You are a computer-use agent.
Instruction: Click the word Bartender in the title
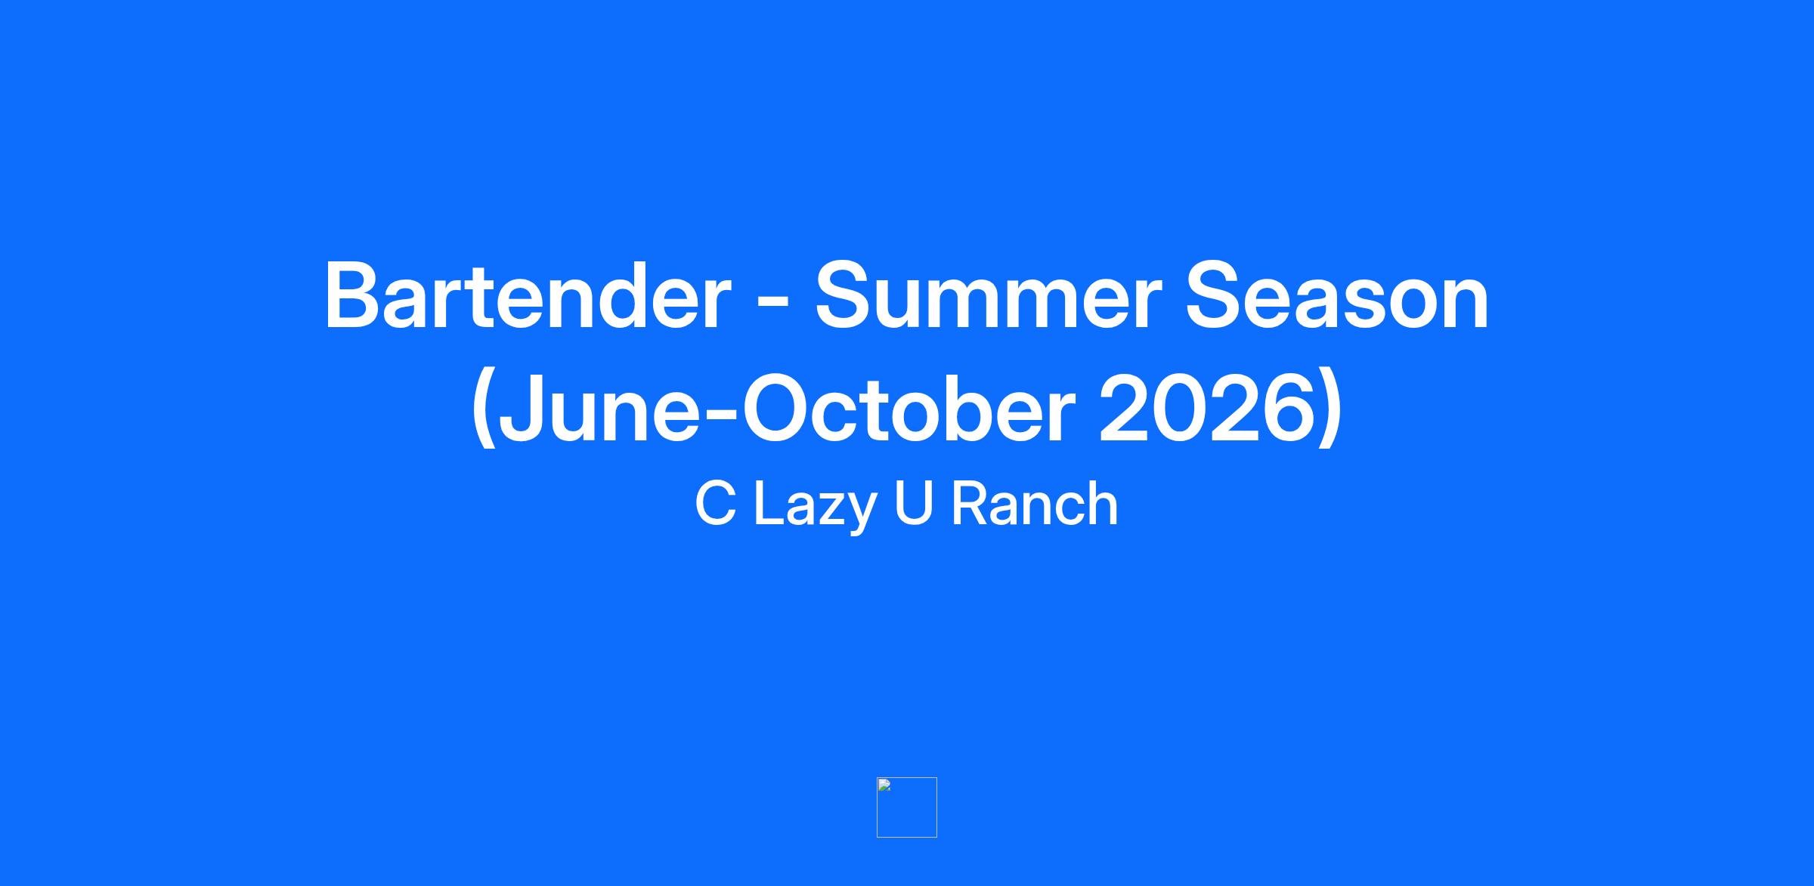[528, 297]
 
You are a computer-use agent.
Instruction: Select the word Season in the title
[1337, 297]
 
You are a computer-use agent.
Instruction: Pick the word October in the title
[908, 409]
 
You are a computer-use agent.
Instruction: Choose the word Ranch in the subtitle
[1034, 504]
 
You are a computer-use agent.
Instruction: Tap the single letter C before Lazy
[715, 504]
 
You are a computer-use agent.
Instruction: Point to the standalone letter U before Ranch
[913, 505]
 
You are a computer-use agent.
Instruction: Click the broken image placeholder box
[907, 807]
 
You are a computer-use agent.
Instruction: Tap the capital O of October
[775, 408]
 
